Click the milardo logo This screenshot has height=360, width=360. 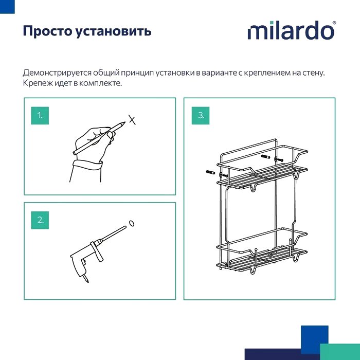point(292,30)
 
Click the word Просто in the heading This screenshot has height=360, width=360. point(47,31)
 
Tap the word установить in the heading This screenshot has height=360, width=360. point(114,31)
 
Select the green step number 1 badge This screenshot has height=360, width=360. point(40,116)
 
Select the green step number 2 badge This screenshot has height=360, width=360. point(40,220)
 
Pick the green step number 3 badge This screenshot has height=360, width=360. point(201,116)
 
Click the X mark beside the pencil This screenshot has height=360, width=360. point(132,120)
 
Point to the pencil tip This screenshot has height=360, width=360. point(125,122)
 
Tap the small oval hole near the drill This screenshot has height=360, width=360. point(132,223)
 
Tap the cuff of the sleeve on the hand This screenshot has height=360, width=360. point(87,165)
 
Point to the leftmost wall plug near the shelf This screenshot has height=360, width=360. point(210,172)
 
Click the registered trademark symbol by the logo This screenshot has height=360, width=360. point(334,23)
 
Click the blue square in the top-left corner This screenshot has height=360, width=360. point(7,7)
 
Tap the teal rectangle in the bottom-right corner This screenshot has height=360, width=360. point(340,352)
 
